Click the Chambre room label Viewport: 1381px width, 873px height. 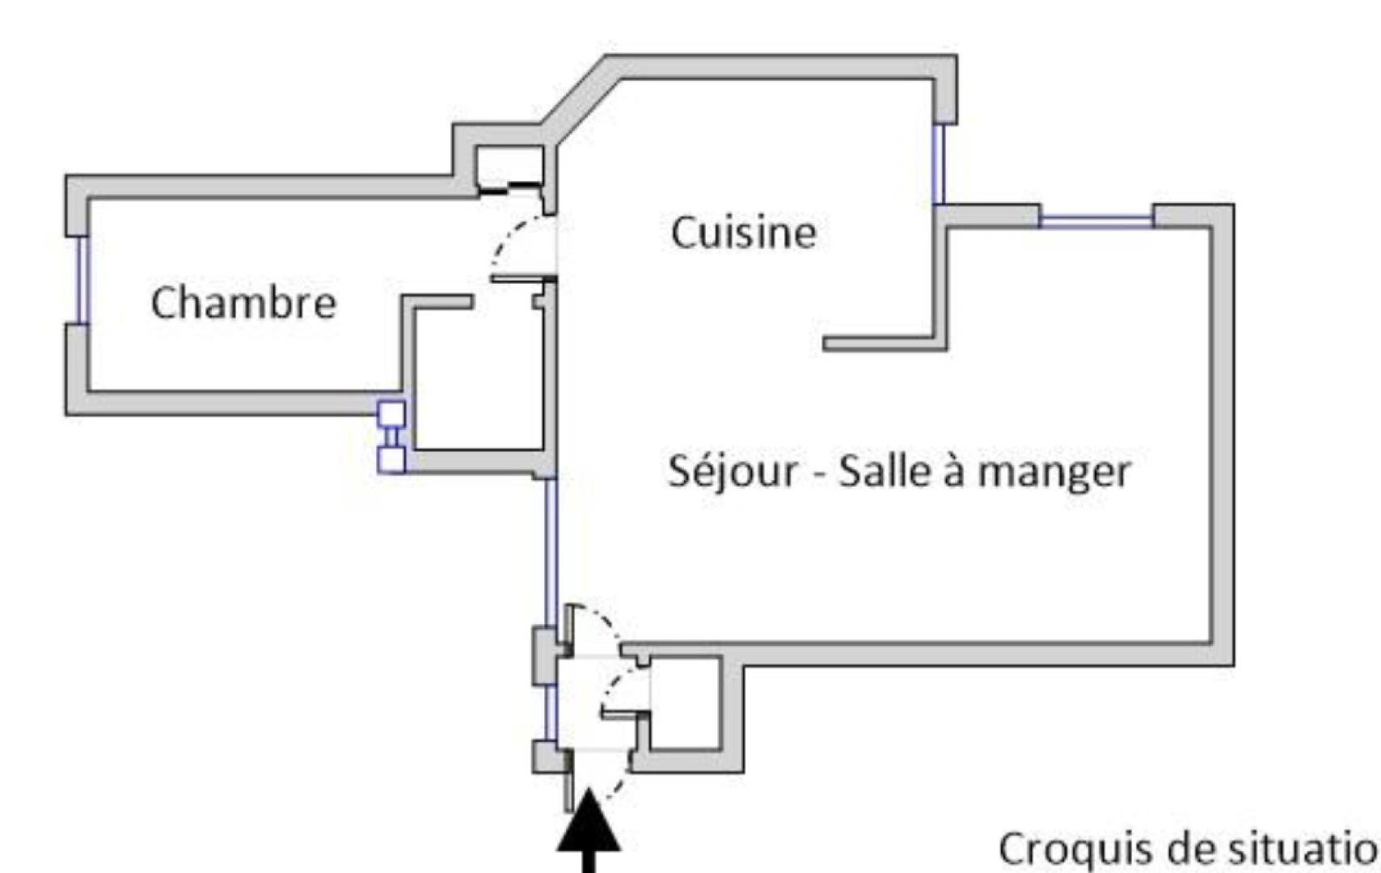pyautogui.click(x=243, y=303)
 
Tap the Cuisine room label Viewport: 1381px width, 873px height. pyautogui.click(x=743, y=233)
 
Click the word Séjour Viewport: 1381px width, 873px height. pyautogui.click(x=733, y=471)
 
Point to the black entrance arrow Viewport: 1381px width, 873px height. pyautogui.click(x=589, y=833)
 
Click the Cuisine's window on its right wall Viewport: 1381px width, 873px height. pyautogui.click(x=938, y=164)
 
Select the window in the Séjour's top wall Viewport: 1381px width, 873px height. pyautogui.click(x=1096, y=217)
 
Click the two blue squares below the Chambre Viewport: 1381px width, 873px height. pyautogui.click(x=392, y=436)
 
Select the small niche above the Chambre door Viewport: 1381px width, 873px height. pyautogui.click(x=508, y=167)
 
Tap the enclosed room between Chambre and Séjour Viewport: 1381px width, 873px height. pyautogui.click(x=477, y=380)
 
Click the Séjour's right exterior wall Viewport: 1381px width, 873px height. pyautogui.click(x=1222, y=436)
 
